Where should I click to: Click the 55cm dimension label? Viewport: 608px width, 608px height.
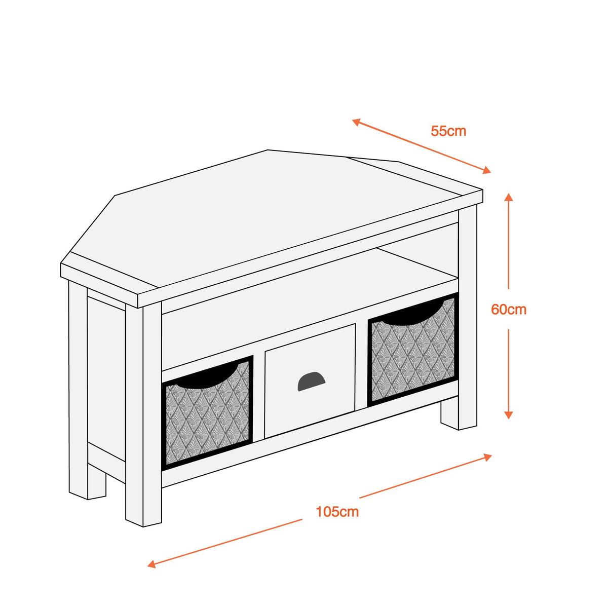(x=448, y=131)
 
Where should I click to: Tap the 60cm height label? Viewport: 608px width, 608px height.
(x=509, y=310)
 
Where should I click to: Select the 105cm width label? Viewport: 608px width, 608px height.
(x=337, y=511)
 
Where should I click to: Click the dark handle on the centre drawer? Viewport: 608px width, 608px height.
(x=311, y=381)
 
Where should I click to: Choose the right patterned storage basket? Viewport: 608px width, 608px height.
(x=413, y=350)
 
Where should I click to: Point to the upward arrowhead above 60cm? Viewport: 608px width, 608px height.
(x=508, y=198)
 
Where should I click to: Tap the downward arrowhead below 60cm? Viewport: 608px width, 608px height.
(x=508, y=414)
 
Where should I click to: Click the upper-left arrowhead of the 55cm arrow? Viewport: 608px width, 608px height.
(x=357, y=122)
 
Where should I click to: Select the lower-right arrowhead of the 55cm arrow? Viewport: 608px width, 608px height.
(x=486, y=170)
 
